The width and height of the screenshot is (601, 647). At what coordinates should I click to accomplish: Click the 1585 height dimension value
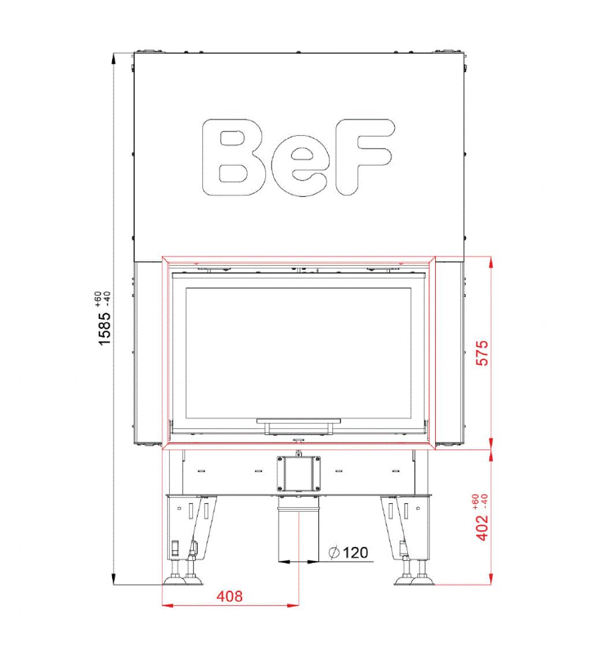point(105,328)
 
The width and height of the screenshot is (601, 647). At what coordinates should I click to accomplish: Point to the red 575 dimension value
point(482,353)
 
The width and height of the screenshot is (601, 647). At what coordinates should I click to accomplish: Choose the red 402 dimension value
point(482,527)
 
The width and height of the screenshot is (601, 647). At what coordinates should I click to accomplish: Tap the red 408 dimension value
point(229,596)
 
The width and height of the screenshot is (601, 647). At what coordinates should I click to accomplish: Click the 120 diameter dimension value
point(355,552)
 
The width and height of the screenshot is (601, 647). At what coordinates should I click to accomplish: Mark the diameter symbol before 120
point(334,552)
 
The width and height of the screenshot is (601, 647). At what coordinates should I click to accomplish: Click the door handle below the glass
point(299,426)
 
